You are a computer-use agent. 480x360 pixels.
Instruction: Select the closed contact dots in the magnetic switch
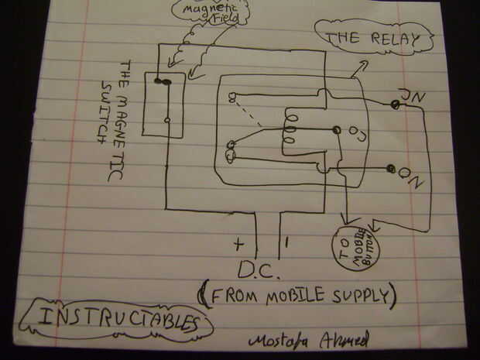[x=163, y=81]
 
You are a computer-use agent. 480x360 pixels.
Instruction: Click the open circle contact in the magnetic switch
[x=168, y=121]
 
